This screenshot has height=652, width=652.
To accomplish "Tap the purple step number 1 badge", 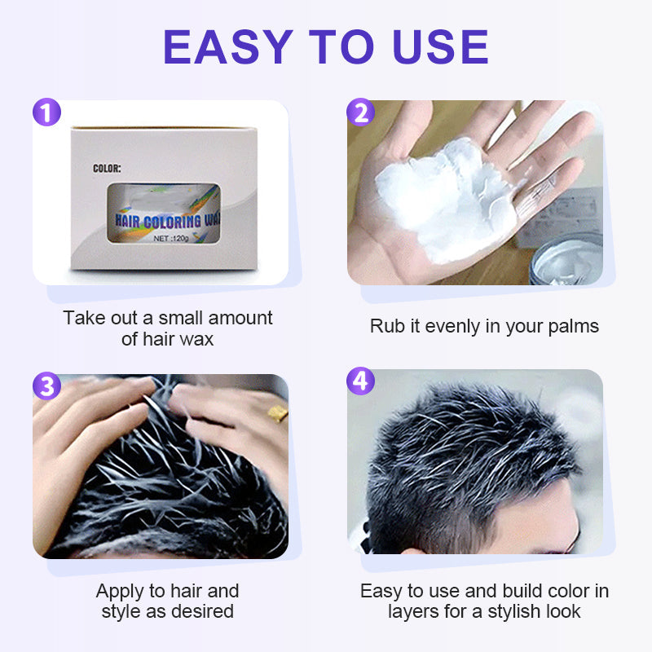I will (x=46, y=112).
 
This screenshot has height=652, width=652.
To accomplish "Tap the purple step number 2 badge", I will (x=361, y=112).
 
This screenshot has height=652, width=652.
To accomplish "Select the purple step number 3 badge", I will (x=46, y=385).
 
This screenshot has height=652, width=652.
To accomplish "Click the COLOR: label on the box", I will (x=107, y=169).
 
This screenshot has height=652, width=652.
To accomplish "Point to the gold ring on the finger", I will (x=277, y=415).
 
